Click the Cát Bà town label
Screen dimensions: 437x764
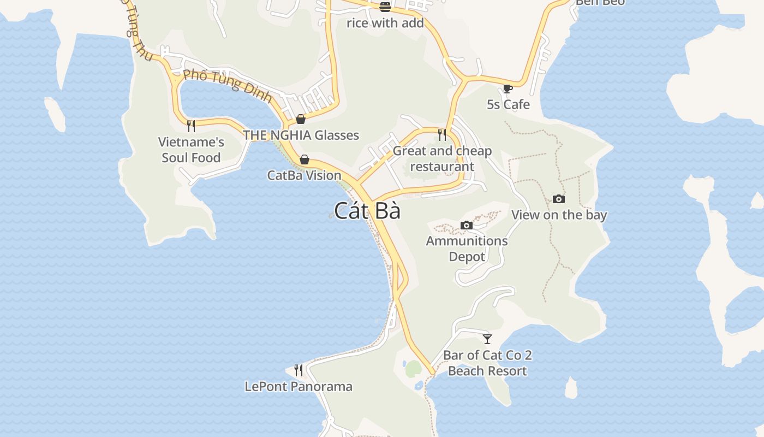pos(367,211)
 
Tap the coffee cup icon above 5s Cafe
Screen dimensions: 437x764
pos(508,88)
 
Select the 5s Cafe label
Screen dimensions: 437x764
pos(508,104)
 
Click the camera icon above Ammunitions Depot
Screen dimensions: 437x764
pos(466,225)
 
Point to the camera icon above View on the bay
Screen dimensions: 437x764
pos(559,199)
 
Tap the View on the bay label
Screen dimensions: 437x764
pos(559,215)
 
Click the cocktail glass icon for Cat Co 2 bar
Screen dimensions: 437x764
pos(487,339)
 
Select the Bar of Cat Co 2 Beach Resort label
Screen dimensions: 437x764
pos(487,363)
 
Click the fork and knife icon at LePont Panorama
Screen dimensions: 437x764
pos(298,370)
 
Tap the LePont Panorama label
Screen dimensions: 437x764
pos(298,386)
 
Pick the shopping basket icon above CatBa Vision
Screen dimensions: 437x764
pos(305,160)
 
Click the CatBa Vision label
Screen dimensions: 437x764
pos(304,175)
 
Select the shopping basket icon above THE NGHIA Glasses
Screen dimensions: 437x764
pos(301,119)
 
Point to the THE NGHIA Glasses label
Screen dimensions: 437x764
pos(301,135)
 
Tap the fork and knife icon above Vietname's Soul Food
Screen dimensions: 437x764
pos(191,126)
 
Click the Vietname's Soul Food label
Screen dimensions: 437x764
pos(191,150)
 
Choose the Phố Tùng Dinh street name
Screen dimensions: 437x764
pos(227,86)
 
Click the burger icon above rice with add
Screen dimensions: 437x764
pos(385,7)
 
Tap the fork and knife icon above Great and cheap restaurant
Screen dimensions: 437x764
pos(442,134)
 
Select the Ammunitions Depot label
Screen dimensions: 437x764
pos(467,249)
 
